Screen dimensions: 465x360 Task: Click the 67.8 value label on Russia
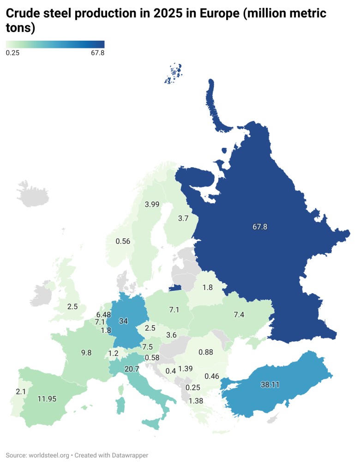(x=260, y=227)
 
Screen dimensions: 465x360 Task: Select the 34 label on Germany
(x=123, y=320)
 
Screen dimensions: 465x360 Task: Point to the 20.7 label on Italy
(x=132, y=368)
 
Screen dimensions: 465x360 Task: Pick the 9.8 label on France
(x=86, y=352)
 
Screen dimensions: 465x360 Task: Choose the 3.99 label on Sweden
(x=152, y=204)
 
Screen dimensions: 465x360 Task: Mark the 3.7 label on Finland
(x=183, y=218)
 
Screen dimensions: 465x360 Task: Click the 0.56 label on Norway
(x=123, y=241)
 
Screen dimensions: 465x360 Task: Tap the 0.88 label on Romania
(x=205, y=352)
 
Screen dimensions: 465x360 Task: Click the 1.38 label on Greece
(x=196, y=401)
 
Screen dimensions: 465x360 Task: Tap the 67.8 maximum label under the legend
(x=97, y=53)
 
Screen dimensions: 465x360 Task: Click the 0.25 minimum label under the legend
(x=12, y=53)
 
